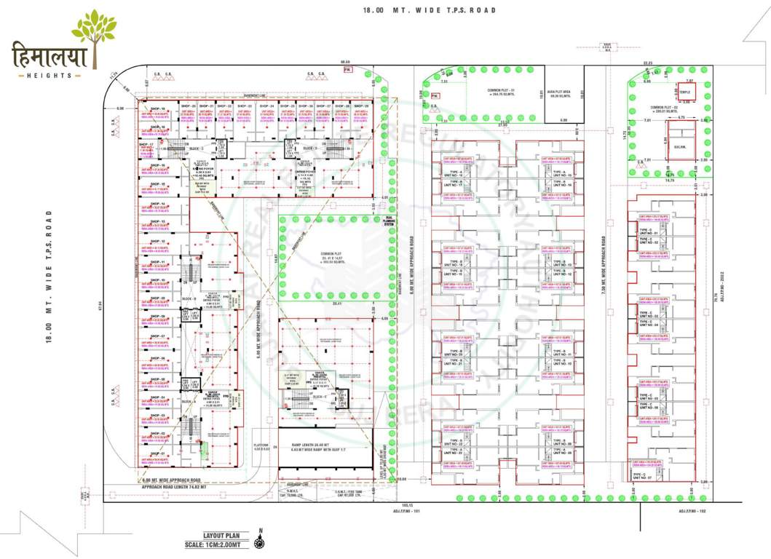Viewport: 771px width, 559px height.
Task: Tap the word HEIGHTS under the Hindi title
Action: [50, 75]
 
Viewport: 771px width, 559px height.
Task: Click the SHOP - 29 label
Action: [361, 106]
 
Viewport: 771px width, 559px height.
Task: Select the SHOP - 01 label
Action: [158, 454]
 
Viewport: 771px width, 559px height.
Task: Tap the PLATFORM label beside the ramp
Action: [261, 445]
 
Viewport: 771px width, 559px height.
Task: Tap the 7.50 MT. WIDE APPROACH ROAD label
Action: [604, 262]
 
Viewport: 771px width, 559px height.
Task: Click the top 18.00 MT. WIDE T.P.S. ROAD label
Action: [430, 10]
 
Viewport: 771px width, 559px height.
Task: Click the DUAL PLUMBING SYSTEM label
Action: [389, 223]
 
